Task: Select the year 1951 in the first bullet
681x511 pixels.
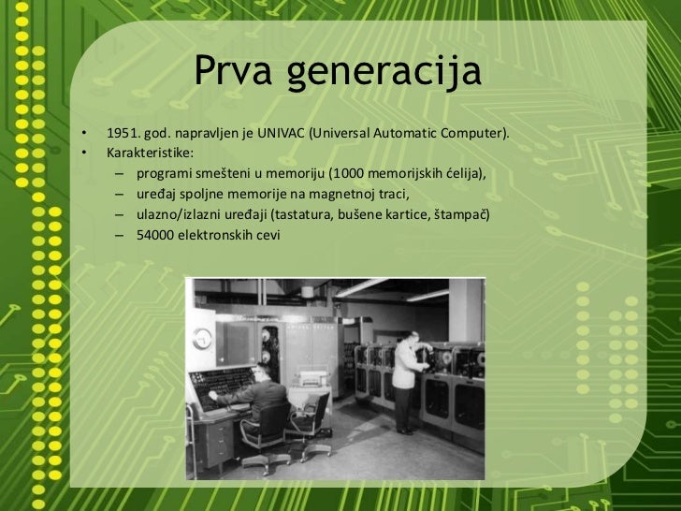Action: pyautogui.click(x=123, y=134)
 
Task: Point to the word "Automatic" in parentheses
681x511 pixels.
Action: pyautogui.click(x=408, y=134)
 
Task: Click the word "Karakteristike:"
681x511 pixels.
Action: pyautogui.click(x=150, y=152)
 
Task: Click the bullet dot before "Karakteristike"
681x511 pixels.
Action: pyautogui.click(x=84, y=152)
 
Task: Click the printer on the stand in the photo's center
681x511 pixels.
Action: pyautogui.click(x=312, y=378)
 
